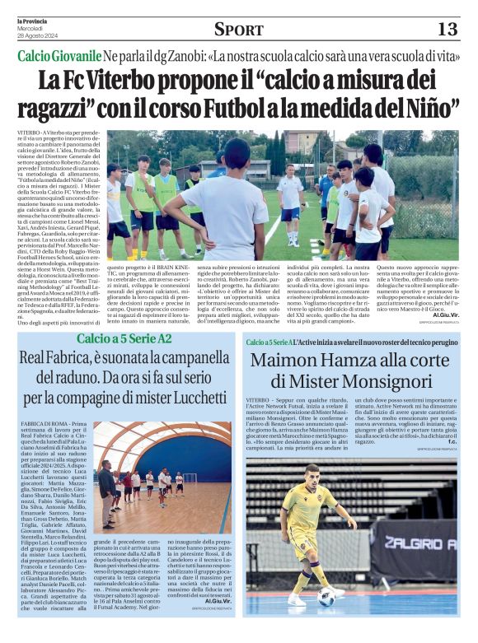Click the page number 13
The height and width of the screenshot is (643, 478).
tap(447, 30)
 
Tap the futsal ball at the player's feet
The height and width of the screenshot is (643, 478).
tap(326, 596)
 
